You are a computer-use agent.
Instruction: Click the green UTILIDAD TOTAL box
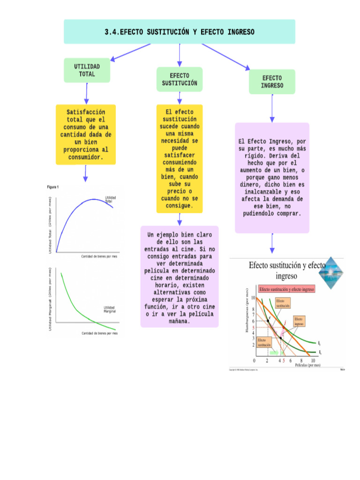click(87, 70)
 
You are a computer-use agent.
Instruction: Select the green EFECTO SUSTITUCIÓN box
click(180, 79)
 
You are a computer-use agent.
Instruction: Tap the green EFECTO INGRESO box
click(272, 82)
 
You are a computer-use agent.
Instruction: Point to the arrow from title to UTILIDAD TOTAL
click(130, 52)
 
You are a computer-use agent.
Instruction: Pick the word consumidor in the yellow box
click(86, 157)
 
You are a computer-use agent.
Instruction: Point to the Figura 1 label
click(53, 187)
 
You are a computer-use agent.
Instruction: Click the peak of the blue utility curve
click(96, 199)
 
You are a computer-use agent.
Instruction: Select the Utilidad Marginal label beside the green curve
click(109, 309)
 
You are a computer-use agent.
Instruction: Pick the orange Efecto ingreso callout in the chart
click(299, 321)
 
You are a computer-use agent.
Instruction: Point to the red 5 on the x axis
click(284, 361)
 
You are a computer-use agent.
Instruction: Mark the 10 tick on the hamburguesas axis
click(253, 298)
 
